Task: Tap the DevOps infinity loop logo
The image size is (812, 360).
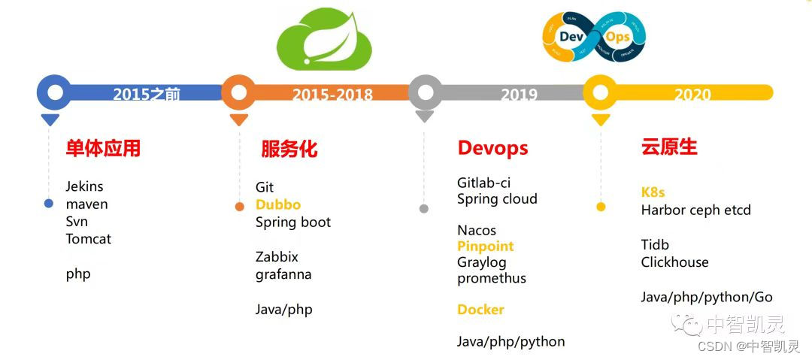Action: (594, 35)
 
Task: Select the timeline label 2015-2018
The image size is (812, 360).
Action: (332, 95)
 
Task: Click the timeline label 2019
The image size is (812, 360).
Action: (519, 95)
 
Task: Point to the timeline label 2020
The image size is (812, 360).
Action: (692, 95)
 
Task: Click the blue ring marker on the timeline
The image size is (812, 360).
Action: (54, 92)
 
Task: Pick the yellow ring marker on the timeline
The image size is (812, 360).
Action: (600, 92)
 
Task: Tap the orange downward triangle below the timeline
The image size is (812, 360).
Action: (239, 119)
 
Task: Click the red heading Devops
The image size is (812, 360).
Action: (492, 148)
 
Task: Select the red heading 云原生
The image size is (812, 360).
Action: (669, 147)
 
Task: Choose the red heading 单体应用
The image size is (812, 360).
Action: (103, 148)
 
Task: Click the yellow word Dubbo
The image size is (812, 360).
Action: (277, 204)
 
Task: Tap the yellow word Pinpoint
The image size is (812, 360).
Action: (485, 247)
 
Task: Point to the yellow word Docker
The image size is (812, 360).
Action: (480, 310)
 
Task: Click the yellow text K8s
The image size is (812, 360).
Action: (653, 192)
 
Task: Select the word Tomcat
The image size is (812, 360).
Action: (88, 239)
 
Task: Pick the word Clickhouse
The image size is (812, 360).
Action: (674, 262)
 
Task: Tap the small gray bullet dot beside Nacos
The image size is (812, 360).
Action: (424, 208)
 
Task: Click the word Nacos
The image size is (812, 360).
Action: (477, 230)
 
